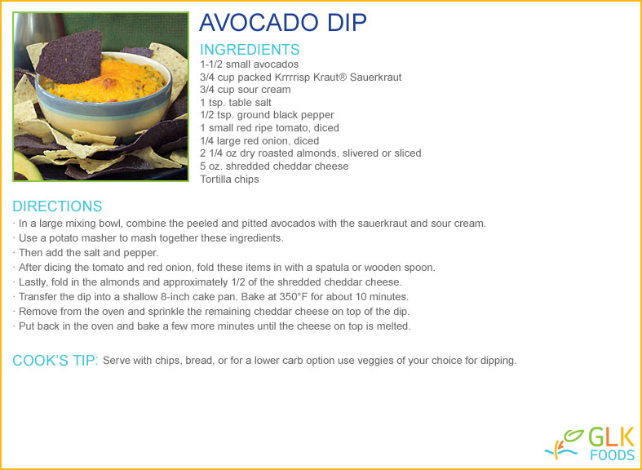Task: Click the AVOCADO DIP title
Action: pos(282,23)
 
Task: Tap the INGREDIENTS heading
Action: pos(250,50)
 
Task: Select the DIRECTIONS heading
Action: pos(57,206)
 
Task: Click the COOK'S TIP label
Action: pos(55,361)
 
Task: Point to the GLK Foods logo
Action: pos(590,444)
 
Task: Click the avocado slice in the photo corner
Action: pos(27,166)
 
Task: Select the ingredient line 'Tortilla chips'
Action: pos(229,180)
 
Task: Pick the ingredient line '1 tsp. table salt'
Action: pos(236,102)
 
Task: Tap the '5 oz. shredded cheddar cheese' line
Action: pos(274,166)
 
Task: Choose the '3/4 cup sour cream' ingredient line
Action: pos(246,90)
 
